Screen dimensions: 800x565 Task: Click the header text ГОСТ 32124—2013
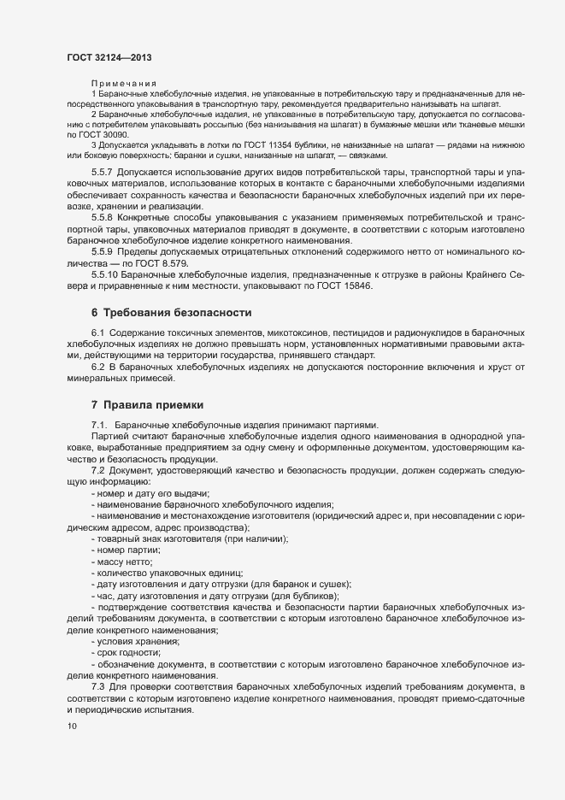coord(109,56)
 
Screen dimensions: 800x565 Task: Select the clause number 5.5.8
coord(105,218)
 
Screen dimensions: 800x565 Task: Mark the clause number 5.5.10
coord(107,274)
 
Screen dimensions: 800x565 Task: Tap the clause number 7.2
coord(99,471)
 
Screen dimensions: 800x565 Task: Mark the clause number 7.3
coord(99,686)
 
